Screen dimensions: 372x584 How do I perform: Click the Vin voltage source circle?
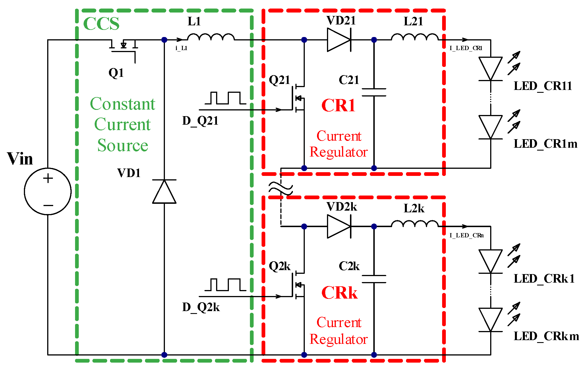(x=48, y=191)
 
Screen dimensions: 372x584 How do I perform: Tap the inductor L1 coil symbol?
(x=211, y=38)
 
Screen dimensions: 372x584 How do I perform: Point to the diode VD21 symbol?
(x=339, y=40)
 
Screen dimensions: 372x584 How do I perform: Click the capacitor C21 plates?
(x=374, y=93)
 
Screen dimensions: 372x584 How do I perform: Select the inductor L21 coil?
(x=415, y=38)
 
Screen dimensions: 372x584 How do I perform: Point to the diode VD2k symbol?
(x=339, y=227)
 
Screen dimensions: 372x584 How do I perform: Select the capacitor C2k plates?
(x=374, y=279)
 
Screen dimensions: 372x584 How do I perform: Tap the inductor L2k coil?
(x=415, y=224)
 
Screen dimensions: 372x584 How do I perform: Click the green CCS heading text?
(x=101, y=24)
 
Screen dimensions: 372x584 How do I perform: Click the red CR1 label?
(x=338, y=106)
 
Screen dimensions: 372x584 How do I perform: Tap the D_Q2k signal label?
(x=201, y=308)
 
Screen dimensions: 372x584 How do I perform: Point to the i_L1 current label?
(x=181, y=48)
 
